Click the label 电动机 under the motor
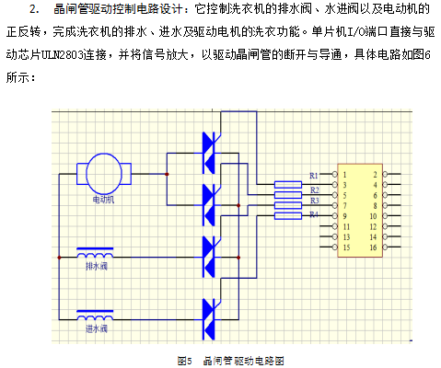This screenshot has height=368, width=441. [103, 200]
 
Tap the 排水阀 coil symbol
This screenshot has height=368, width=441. [95, 253]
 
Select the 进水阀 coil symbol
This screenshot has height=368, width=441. [95, 316]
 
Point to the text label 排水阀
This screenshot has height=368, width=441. [97, 266]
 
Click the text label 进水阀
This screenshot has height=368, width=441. [97, 328]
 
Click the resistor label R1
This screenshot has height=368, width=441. [314, 176]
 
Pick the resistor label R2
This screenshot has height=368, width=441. [315, 190]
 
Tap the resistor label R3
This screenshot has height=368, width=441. [315, 201]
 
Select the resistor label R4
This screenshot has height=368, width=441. [314, 214]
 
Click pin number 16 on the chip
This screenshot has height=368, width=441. [373, 247]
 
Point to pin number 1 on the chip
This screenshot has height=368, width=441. [344, 175]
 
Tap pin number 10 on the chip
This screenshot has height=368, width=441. [373, 216]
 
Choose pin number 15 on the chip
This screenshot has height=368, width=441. [346, 247]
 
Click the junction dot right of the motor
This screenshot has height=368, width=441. [167, 174]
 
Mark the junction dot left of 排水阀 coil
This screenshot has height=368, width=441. [59, 258]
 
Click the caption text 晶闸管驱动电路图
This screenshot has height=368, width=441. [244, 361]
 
